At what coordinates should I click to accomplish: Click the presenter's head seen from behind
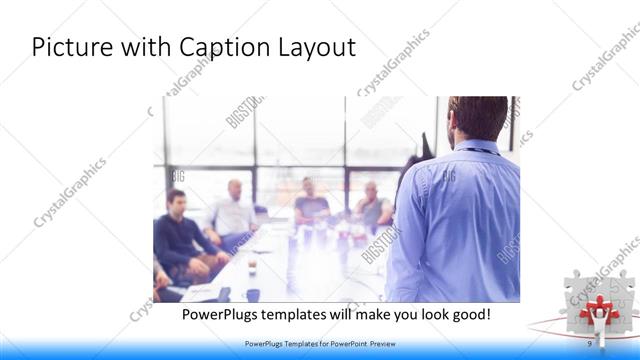click(x=478, y=117)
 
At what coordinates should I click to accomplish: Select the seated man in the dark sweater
click(x=177, y=233)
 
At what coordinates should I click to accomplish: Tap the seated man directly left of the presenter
click(x=372, y=206)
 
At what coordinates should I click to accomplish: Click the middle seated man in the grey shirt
click(x=310, y=201)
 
